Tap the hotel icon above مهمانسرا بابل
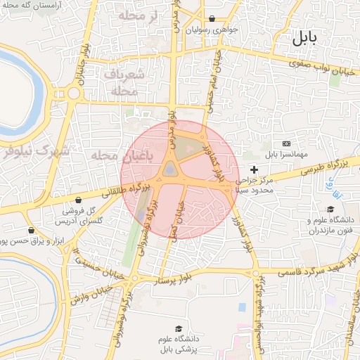(285, 143)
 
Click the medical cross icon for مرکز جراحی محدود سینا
(254, 169)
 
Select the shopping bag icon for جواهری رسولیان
(212, 19)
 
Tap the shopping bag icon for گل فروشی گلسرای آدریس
(78, 200)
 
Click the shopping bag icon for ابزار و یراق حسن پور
(30, 231)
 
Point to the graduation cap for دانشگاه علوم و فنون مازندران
(330, 209)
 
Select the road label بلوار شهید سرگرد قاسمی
(309, 267)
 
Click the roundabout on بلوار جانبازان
(73, 93)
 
